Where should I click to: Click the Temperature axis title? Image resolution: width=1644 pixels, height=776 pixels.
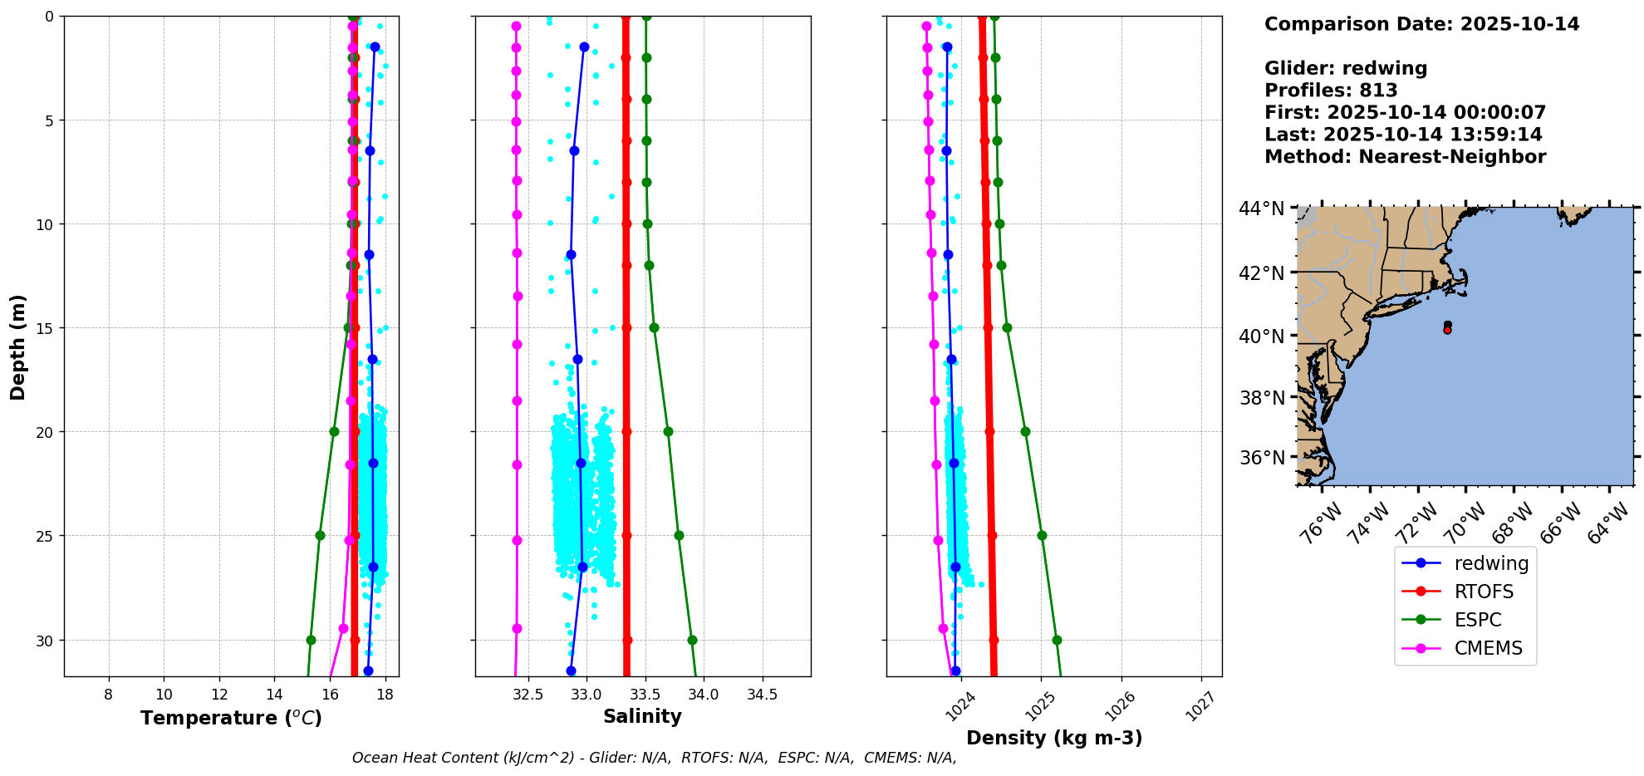[x=231, y=718]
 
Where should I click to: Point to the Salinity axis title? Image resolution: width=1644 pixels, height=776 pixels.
[x=642, y=716]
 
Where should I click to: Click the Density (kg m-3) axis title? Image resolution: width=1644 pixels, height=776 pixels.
[x=1053, y=738]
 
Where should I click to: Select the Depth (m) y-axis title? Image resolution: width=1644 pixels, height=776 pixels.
[x=17, y=346]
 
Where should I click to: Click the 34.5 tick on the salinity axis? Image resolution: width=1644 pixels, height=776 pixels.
[x=762, y=695]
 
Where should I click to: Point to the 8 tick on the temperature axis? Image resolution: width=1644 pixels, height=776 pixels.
[x=109, y=695]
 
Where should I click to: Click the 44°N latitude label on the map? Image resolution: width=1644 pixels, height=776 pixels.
[x=1261, y=209]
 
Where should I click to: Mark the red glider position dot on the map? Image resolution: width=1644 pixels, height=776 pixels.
[x=1447, y=330]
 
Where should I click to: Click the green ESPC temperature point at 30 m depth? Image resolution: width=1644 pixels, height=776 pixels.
[x=311, y=640]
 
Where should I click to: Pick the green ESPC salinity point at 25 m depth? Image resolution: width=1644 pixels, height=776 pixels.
[x=679, y=535]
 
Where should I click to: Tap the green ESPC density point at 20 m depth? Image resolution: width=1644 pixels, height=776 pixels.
[x=1025, y=431]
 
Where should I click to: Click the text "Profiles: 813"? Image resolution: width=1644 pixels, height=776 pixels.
[x=1331, y=91]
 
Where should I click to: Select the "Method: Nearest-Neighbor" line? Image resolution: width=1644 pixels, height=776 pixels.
[x=1405, y=157]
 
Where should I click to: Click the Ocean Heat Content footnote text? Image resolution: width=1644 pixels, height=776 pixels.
[x=654, y=758]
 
